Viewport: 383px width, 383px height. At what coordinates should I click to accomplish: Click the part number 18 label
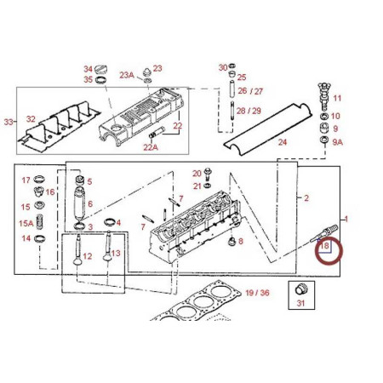tap(324, 245)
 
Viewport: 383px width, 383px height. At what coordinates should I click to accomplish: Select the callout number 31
tap(300, 303)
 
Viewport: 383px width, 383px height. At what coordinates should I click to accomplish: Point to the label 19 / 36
tap(257, 293)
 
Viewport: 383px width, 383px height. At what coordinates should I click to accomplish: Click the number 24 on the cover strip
tap(283, 142)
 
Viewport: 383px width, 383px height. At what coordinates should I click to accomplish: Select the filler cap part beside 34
tap(100, 69)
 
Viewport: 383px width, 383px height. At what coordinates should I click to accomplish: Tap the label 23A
tap(127, 75)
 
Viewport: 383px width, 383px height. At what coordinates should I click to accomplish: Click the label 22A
tap(151, 147)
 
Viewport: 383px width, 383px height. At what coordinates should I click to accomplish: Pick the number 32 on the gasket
tap(31, 119)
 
